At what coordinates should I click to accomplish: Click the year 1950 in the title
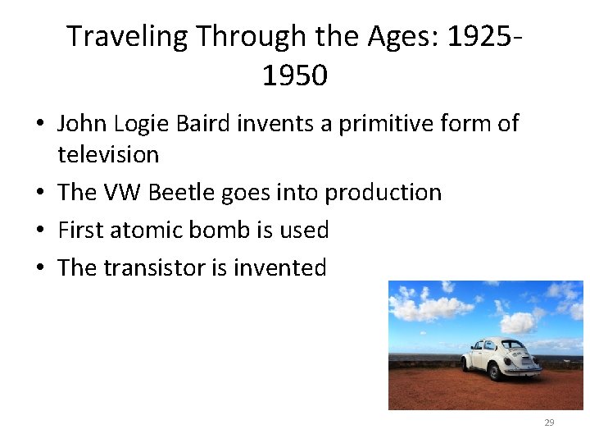(294, 75)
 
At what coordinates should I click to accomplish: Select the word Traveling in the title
(127, 37)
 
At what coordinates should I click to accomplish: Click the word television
(108, 153)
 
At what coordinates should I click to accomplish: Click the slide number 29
(549, 422)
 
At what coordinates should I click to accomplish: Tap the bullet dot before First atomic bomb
(40, 231)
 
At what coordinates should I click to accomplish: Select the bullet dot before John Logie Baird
(40, 124)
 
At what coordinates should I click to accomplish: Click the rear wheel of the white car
(496, 372)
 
